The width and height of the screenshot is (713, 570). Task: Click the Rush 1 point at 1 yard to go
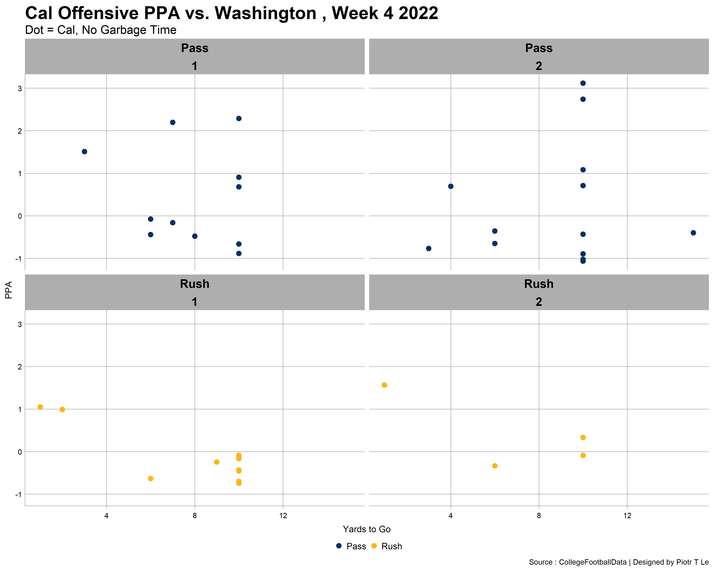click(40, 407)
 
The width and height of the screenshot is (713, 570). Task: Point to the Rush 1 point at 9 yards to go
click(217, 462)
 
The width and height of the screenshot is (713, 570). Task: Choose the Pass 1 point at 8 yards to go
click(195, 236)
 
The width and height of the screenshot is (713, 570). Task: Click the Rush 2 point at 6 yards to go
click(495, 466)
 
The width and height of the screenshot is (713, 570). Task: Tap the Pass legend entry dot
click(339, 546)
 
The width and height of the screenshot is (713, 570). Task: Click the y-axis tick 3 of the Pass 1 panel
click(20, 89)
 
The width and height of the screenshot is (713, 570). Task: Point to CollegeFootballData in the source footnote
click(593, 562)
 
